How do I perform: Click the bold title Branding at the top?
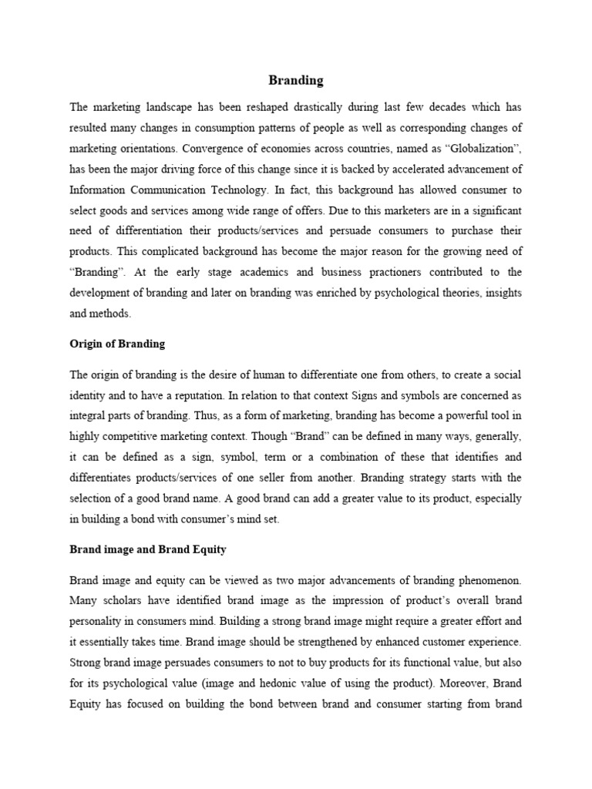296,79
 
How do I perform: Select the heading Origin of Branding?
117,344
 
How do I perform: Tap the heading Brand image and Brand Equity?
146,550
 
